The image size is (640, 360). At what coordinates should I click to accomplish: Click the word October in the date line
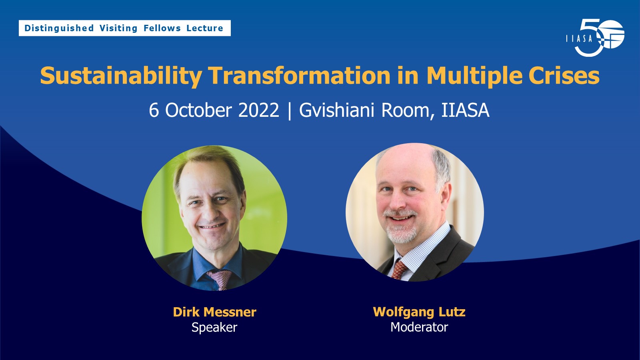(198, 110)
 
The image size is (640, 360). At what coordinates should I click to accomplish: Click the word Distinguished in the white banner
(59, 28)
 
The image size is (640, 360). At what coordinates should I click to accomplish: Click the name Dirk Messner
(214, 312)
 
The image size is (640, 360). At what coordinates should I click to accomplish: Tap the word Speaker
(214, 327)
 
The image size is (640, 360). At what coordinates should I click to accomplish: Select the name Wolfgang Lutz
(419, 312)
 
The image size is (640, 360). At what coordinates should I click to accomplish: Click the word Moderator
(419, 327)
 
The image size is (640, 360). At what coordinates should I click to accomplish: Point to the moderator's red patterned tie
(399, 270)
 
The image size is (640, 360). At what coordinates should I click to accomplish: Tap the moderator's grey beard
(400, 232)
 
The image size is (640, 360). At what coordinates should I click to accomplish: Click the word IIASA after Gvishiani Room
(465, 110)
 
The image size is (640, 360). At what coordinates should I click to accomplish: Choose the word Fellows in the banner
(162, 28)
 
